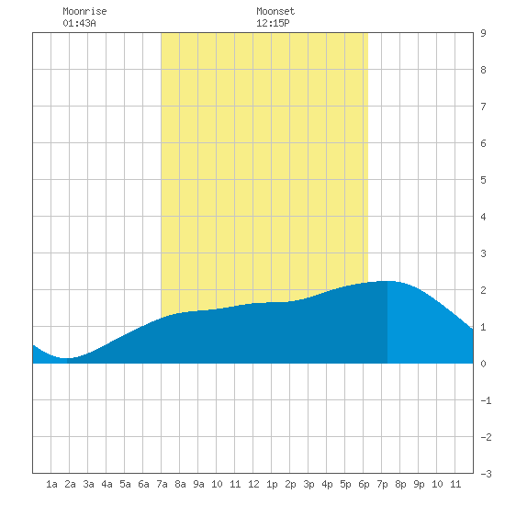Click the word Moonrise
click(84, 11)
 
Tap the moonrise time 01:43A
click(79, 23)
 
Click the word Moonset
click(275, 11)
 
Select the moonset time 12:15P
click(273, 23)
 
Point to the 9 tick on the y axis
click(483, 33)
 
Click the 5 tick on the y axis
click(483, 180)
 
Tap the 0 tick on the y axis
click(483, 364)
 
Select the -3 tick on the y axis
click(486, 474)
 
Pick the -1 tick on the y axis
click(486, 400)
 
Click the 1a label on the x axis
click(51, 484)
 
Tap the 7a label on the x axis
click(162, 484)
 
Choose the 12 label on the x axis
click(253, 484)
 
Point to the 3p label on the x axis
click(309, 484)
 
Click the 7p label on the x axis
click(382, 484)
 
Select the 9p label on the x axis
click(419, 484)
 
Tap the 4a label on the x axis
click(107, 484)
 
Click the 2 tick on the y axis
click(483, 290)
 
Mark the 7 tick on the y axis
click(483, 107)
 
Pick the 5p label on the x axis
click(345, 484)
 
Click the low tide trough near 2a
click(65, 358)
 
